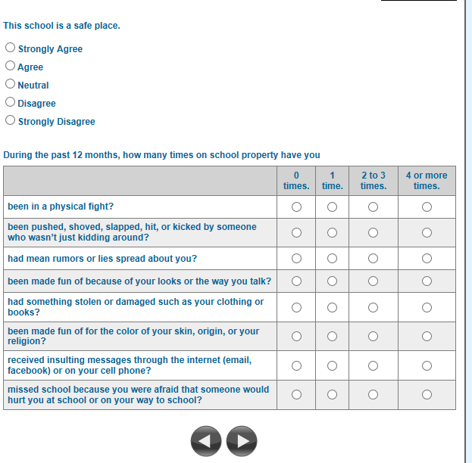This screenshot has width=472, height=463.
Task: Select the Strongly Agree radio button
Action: pos(10,48)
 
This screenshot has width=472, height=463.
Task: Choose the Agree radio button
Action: pos(10,66)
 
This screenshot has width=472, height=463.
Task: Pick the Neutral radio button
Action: pos(10,84)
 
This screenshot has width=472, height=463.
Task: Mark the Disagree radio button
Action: pos(10,102)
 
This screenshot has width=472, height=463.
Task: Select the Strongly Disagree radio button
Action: pos(10,120)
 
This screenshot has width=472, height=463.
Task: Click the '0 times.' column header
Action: pos(296,180)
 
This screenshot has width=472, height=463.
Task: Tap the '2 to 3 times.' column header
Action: pos(373,180)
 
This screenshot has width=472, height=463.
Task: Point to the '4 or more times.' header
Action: pos(427,180)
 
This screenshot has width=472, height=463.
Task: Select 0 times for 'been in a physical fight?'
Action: pos(296,207)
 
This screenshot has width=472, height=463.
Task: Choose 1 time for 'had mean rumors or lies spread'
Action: pos(332,259)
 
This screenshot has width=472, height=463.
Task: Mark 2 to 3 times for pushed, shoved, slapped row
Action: pos(373,232)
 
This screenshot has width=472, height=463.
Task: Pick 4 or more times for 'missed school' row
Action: pos(427,394)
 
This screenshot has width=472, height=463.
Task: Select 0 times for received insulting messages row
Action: pos(296,365)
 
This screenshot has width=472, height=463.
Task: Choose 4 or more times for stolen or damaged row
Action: pos(427,307)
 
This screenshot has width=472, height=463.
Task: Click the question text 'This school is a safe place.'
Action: pos(61,26)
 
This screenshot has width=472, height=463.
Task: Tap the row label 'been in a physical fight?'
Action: pos(61,207)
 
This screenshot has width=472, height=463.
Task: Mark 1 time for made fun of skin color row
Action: pos(332,336)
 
